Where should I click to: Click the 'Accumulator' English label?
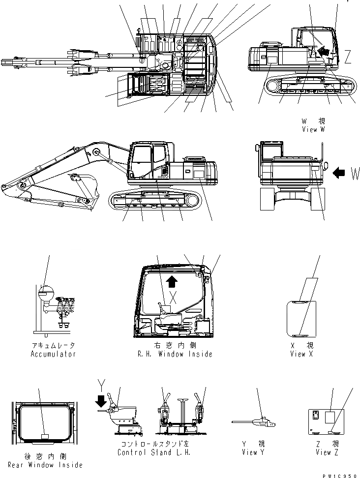[53, 354]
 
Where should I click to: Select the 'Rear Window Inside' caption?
[46, 465]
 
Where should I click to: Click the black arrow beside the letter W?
[340, 173]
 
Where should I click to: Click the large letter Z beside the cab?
[347, 57]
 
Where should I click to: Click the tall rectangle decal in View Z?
[331, 418]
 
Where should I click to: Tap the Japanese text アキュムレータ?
[53, 346]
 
